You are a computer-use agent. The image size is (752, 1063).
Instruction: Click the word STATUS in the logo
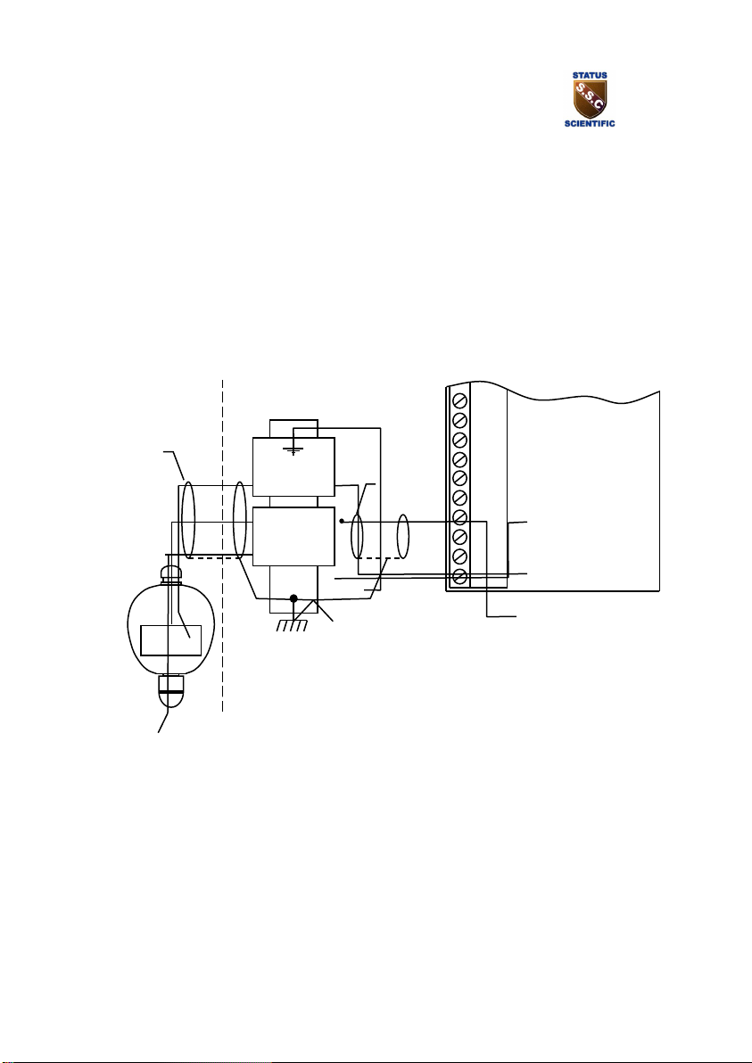[589, 76]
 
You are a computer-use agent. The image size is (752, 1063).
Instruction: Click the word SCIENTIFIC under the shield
[590, 123]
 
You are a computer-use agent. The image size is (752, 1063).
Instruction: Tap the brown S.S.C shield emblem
[589, 100]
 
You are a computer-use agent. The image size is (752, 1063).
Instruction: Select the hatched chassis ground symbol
[293, 624]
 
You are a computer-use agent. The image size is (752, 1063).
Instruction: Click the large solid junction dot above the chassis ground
[293, 598]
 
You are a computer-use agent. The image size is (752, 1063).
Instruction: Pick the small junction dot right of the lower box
[342, 521]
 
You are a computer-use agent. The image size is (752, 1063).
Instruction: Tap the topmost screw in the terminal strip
[459, 400]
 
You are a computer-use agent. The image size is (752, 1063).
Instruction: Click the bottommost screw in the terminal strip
[459, 576]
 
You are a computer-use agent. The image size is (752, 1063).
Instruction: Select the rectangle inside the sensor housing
[171, 640]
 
